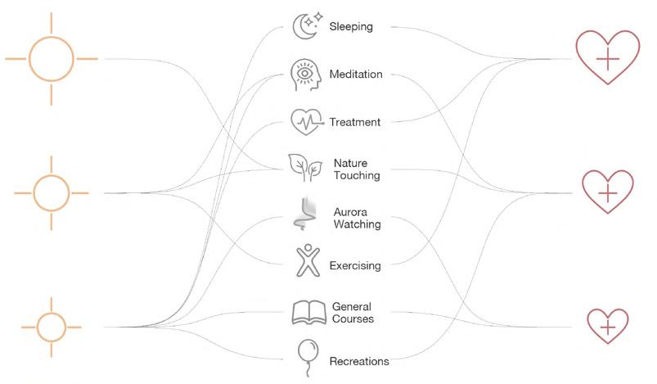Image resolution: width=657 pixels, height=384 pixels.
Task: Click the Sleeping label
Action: [x=350, y=27]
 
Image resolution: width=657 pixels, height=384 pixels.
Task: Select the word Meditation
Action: [x=355, y=75]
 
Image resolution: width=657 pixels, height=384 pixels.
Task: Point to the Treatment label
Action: [x=354, y=123]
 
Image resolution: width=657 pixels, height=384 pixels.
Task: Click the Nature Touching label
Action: [x=357, y=169]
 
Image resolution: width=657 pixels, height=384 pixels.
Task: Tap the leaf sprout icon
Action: [x=305, y=168]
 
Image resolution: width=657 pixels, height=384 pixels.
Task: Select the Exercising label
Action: [x=354, y=266]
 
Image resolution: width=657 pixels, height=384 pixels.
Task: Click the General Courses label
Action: [x=353, y=313]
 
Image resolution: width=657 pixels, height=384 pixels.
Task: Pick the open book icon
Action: [x=308, y=313]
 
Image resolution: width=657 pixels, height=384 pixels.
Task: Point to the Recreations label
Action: [x=358, y=361]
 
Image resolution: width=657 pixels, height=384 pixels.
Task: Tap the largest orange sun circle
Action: [x=52, y=58]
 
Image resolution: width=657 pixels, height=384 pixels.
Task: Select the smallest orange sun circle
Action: [x=52, y=327]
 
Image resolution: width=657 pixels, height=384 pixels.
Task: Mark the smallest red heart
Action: [x=607, y=325]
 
